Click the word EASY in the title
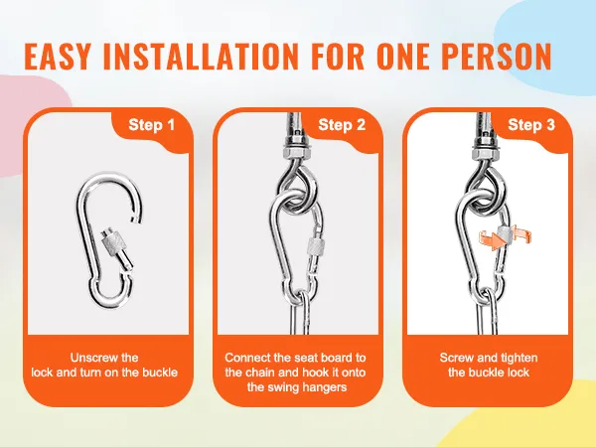click(x=58, y=57)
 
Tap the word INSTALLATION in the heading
click(x=201, y=57)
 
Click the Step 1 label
click(x=151, y=125)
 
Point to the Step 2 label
click(x=342, y=125)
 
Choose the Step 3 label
click(x=531, y=125)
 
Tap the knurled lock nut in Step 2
click(x=316, y=248)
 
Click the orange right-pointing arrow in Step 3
click(x=493, y=241)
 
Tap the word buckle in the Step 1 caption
click(x=160, y=372)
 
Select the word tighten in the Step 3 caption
click(x=519, y=359)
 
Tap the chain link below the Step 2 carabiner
click(x=301, y=313)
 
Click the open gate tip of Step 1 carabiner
click(x=136, y=219)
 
